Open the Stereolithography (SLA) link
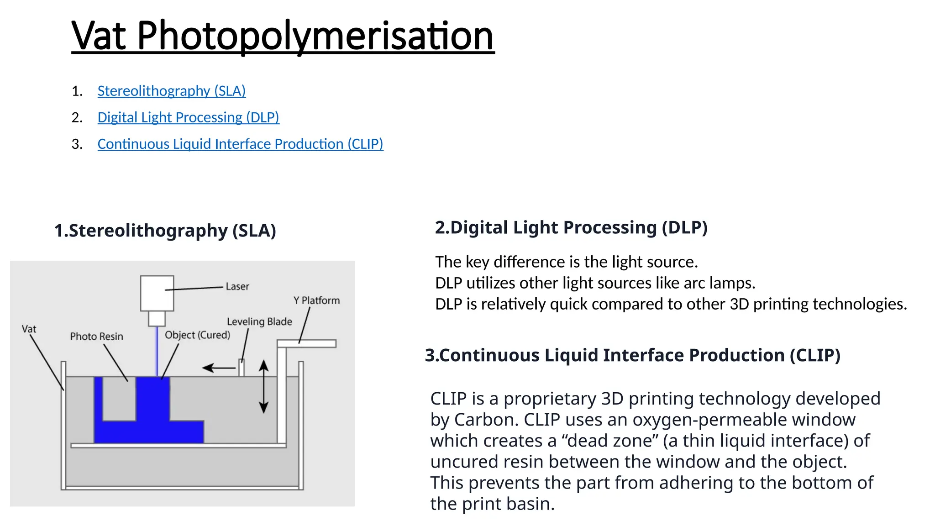pos(172,91)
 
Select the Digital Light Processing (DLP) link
pos(189,117)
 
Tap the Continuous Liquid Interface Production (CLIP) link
pos(241,144)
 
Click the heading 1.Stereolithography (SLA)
pos(165,231)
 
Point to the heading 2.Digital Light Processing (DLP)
pos(571,227)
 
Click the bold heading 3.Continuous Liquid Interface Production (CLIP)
pos(633,355)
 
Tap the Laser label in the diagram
pos(237,286)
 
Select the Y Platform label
pos(317,300)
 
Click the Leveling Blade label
pos(259,321)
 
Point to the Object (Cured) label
pos(198,335)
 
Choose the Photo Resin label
pos(97,337)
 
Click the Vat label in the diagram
pos(29,329)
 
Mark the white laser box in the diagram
pos(157,293)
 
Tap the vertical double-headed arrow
pos(263,386)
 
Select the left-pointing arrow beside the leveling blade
pos(219,368)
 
